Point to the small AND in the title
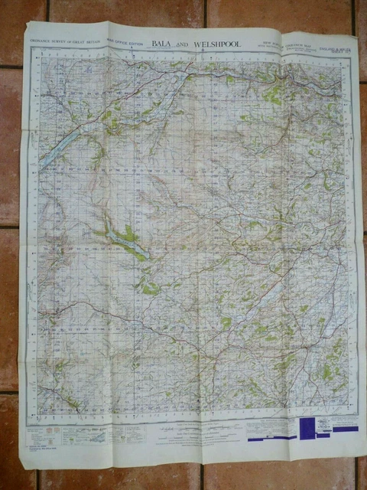187,46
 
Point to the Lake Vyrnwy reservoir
122,241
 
